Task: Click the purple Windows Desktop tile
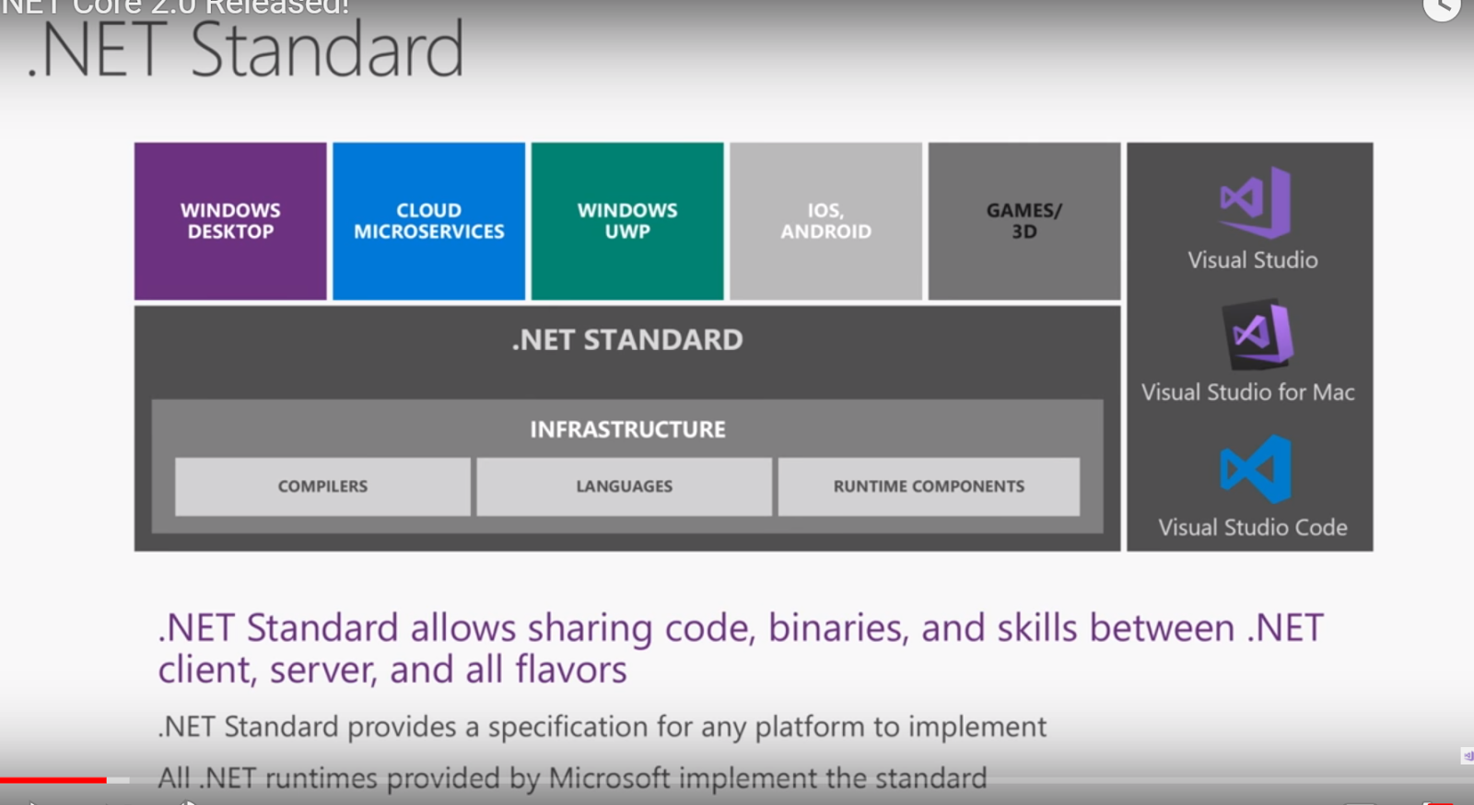point(230,221)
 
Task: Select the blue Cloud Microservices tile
point(428,221)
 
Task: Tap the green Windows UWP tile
point(627,221)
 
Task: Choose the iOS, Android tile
point(825,221)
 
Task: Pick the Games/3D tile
point(1024,221)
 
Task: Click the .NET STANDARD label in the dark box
point(627,340)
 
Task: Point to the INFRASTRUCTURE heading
point(627,429)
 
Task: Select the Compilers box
point(322,486)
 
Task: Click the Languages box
point(624,486)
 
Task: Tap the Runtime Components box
point(929,486)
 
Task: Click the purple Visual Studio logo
point(1255,202)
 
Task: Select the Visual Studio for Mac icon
point(1258,333)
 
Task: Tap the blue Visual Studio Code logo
point(1256,469)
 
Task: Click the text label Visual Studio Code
point(1253,528)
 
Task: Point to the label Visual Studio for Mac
point(1248,392)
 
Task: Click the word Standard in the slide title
point(327,51)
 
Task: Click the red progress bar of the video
point(53,780)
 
